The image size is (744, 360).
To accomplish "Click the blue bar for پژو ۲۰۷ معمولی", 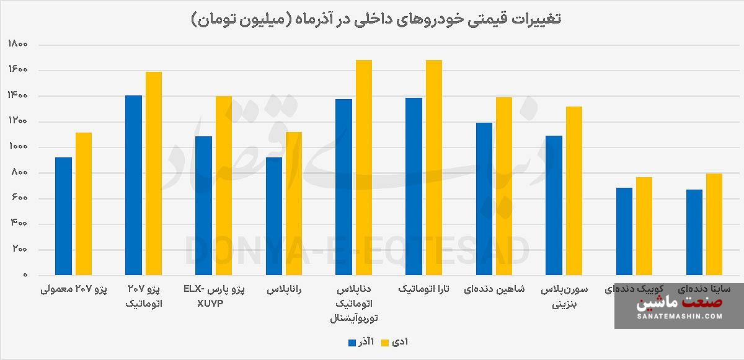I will [x=63, y=216].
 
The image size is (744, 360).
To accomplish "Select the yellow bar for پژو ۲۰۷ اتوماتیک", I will [x=153, y=173].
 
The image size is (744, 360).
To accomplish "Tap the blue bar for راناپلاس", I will [x=273, y=216].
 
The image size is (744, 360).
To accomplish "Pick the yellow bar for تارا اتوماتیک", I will [x=434, y=167].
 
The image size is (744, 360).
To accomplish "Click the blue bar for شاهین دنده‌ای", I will [x=484, y=198].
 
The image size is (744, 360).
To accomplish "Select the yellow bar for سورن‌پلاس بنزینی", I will [x=573, y=191].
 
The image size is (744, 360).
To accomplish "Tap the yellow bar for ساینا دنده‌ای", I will [x=714, y=224].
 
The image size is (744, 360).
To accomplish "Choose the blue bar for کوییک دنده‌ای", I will [x=624, y=231].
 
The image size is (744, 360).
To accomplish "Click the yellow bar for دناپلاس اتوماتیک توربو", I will [x=364, y=167].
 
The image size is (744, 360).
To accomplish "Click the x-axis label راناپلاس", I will [x=285, y=289].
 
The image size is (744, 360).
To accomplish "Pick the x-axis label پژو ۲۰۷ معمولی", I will [x=73, y=289].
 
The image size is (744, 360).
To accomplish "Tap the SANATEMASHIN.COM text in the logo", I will [x=680, y=316].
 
